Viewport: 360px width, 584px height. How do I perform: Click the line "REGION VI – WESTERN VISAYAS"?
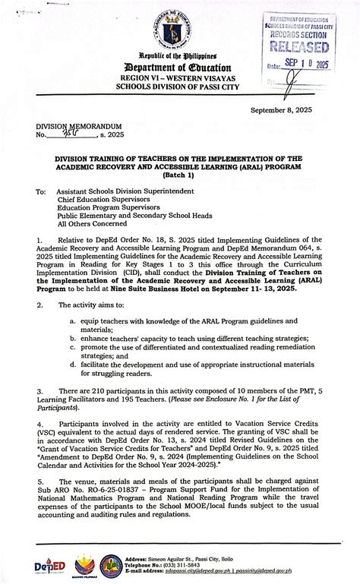click(179, 77)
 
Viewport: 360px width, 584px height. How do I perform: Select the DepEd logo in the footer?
click(46, 564)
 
